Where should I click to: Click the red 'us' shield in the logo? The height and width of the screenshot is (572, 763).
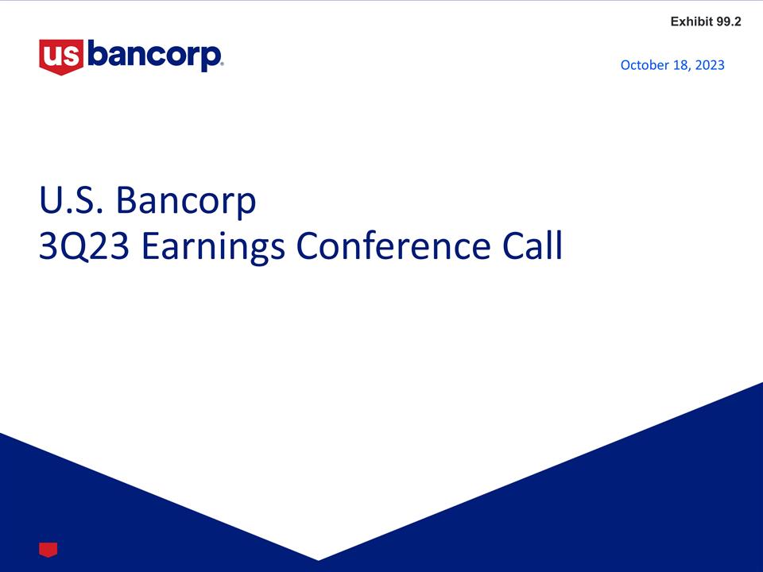pyautogui.click(x=62, y=56)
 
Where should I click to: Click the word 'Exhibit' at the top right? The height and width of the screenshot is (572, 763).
pyautogui.click(x=691, y=21)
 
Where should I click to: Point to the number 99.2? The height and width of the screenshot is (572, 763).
pyautogui.click(x=729, y=21)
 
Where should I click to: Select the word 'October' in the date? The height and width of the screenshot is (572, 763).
pyautogui.click(x=645, y=65)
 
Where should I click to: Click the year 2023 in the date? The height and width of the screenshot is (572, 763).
pyautogui.click(x=710, y=65)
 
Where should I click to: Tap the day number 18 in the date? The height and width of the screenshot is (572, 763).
pyautogui.click(x=680, y=65)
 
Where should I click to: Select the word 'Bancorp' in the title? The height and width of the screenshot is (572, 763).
pyautogui.click(x=186, y=202)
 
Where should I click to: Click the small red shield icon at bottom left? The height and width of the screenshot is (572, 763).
pyautogui.click(x=48, y=549)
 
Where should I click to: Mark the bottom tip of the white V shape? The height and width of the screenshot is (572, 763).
pyautogui.click(x=318, y=559)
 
